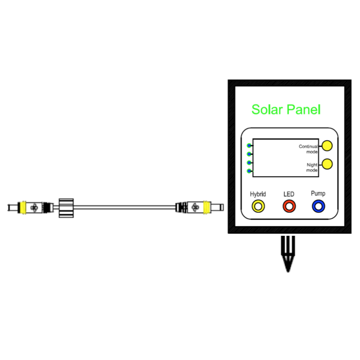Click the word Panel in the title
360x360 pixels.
tap(303, 110)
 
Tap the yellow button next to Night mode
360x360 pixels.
tap(328, 164)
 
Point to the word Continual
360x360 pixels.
tap(308, 147)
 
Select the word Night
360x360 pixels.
tap(312, 165)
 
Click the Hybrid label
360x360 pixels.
tap(258, 194)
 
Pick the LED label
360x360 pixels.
tap(289, 194)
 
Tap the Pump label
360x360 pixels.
tap(318, 193)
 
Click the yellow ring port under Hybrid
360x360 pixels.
tap(258, 206)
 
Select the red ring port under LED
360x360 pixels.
tap(289, 206)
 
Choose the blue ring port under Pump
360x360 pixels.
tap(319, 206)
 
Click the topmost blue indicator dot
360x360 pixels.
tap(249, 145)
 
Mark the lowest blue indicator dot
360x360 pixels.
tap(249, 171)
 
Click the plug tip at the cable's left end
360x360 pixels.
tap(11, 207)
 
